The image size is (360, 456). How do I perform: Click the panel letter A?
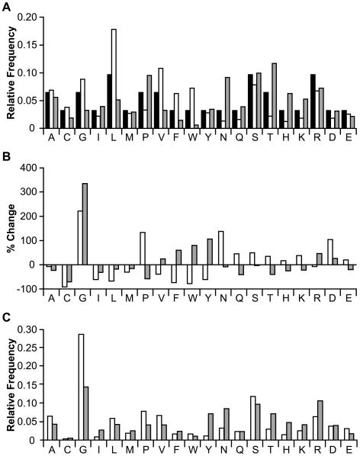tap(6, 7)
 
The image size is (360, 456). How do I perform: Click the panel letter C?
tap(6, 308)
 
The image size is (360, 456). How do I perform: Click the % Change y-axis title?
tap(9, 229)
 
